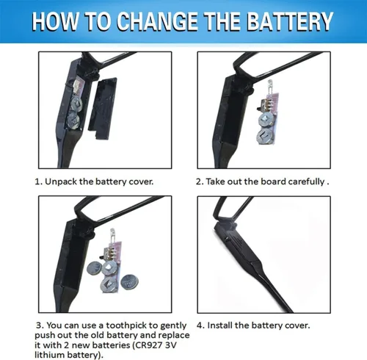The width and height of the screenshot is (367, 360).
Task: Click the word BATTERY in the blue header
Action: coord(291,21)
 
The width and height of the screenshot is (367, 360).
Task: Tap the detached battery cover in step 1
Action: coord(103,109)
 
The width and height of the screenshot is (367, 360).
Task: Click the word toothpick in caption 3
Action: coord(126,325)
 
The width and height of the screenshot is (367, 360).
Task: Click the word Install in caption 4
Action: coord(219,325)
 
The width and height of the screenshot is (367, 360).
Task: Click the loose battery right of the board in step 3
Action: coord(130,283)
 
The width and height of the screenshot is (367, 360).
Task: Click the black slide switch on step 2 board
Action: coord(259,109)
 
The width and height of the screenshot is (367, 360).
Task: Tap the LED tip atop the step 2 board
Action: coord(270,84)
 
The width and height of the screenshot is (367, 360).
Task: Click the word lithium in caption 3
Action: coord(50,355)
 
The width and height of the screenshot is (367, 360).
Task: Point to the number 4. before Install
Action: coord(200,325)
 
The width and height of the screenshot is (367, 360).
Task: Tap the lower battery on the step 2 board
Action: coord(264,135)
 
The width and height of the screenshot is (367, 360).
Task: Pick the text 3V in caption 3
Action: coord(171,345)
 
